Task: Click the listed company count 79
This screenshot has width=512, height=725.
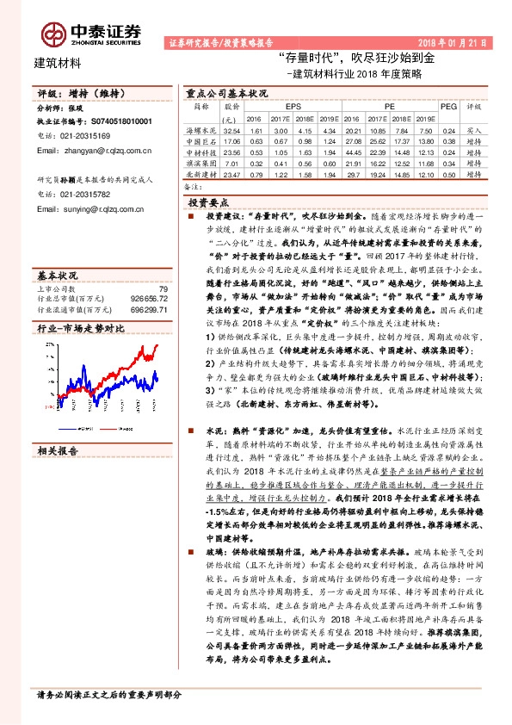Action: [161, 288]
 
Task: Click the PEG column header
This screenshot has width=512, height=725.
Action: [448, 106]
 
